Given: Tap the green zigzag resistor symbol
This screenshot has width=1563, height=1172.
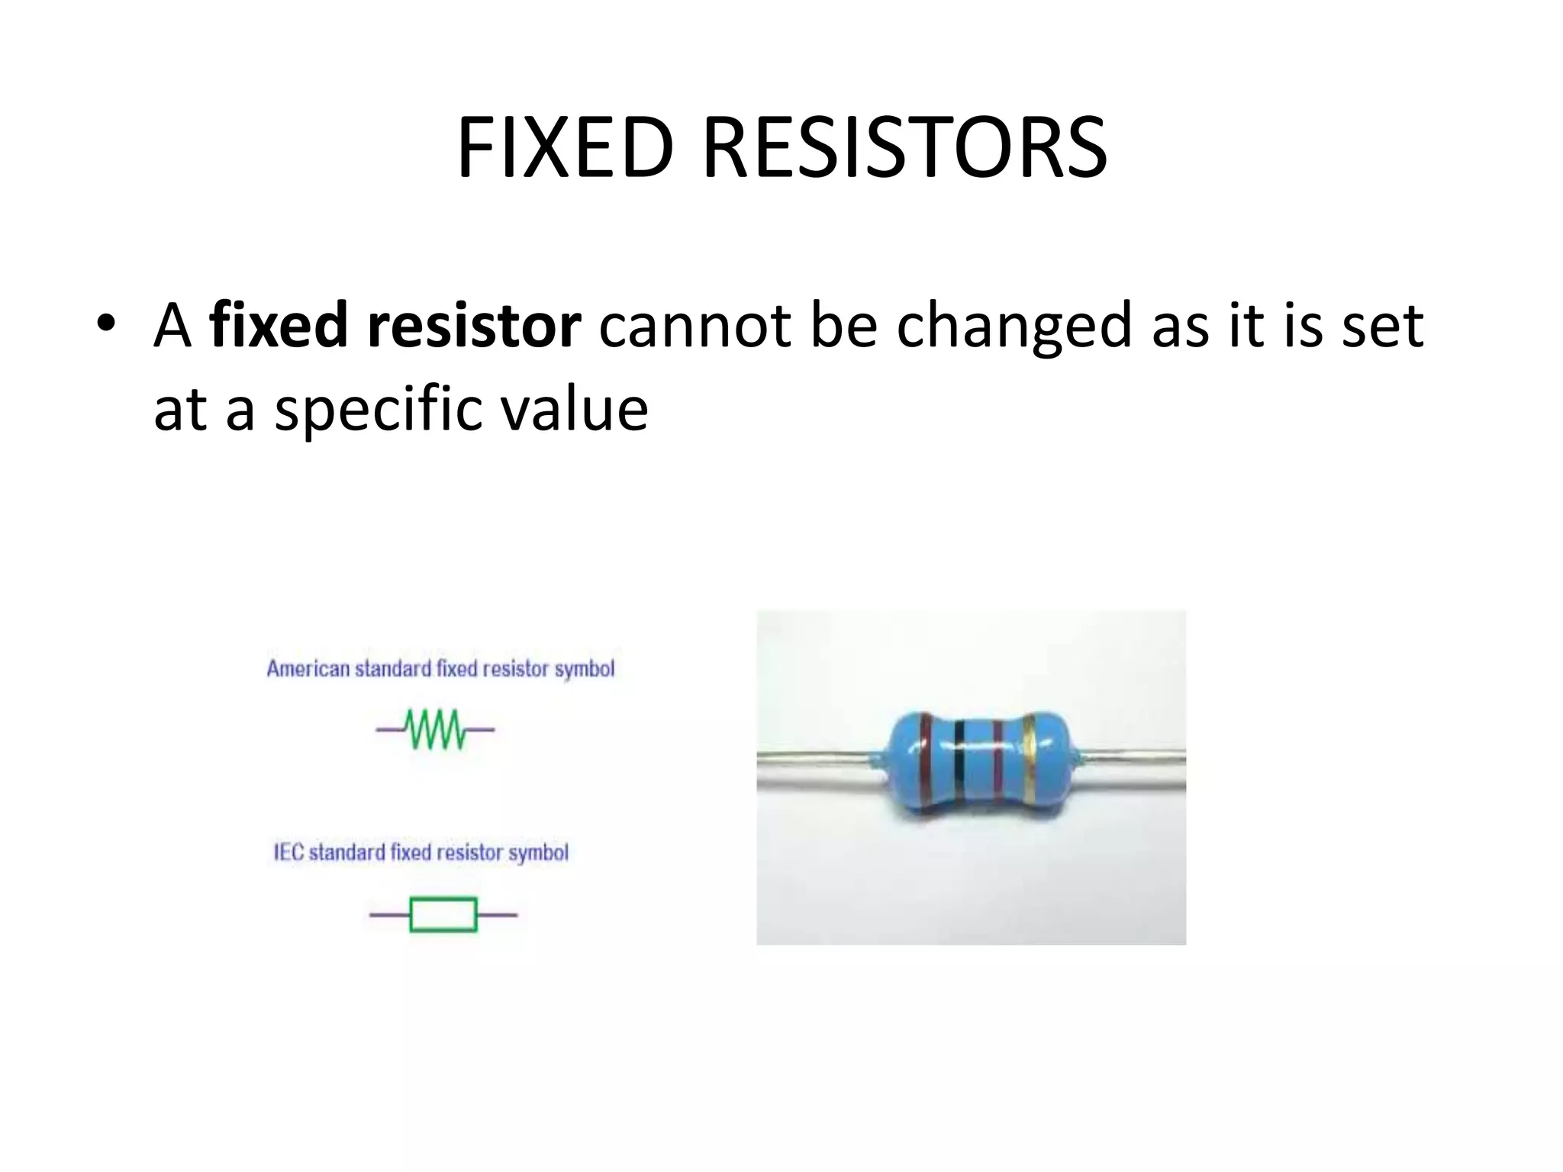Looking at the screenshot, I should pos(435,729).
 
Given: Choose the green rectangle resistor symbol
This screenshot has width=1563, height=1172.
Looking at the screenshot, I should pos(443,914).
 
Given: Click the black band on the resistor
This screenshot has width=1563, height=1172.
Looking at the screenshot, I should pos(959,763).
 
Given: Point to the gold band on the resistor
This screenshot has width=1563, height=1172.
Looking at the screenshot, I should pos(1029,759).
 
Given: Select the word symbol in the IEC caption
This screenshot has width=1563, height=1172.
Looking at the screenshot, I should pos(539,852).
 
